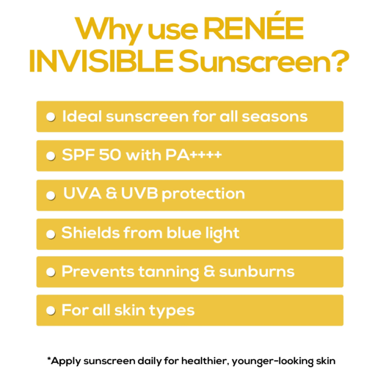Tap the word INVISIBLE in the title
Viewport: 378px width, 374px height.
coord(101,61)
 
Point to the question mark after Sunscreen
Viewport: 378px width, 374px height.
coord(341,61)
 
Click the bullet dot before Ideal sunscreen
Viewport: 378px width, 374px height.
coord(51,117)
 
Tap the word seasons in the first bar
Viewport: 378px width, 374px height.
coord(275,117)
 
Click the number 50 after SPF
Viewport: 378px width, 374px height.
coord(110,155)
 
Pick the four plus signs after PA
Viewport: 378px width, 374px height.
coord(206,155)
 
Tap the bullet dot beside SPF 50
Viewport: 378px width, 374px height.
coord(51,156)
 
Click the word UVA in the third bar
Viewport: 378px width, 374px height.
coord(82,193)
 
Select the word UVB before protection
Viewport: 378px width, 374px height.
coord(139,193)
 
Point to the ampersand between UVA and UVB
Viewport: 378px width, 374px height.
coord(111,193)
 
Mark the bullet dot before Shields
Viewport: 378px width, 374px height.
coord(51,234)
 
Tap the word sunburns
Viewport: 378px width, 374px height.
coord(257,272)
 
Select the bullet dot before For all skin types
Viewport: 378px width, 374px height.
coord(51,311)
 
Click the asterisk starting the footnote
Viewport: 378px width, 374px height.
coord(49,359)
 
